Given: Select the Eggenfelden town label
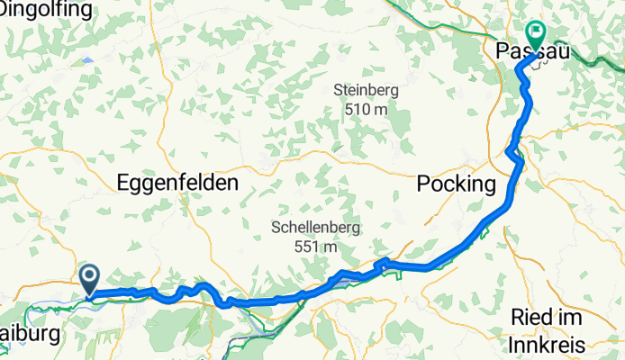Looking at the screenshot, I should click(x=177, y=184).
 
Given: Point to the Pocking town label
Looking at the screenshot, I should click(x=457, y=184).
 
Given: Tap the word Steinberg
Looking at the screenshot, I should click(x=365, y=90).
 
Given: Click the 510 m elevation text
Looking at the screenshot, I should click(x=365, y=109).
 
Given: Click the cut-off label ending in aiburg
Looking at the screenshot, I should click(x=29, y=334).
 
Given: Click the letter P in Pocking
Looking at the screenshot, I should click(x=423, y=184).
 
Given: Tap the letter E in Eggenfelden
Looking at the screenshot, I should click(x=123, y=184).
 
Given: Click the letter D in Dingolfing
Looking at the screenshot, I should click(x=6, y=10).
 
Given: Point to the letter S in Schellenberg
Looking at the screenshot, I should click(x=276, y=228).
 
